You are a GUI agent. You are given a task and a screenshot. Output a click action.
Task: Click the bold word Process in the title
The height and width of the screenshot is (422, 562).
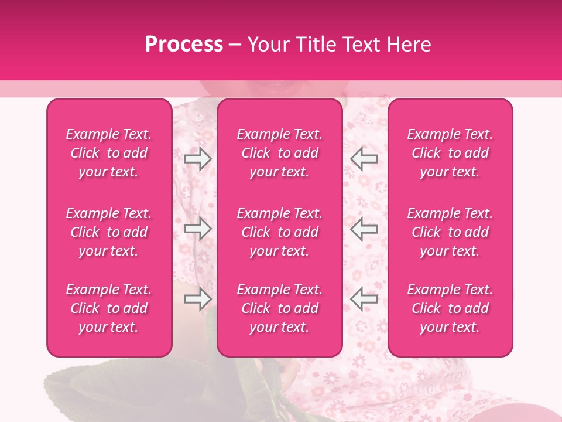coord(184,45)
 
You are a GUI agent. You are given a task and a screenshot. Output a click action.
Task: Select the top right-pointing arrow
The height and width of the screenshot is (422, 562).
coord(197,159)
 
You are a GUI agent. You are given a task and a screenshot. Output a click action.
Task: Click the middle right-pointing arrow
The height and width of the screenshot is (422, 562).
coord(197,229)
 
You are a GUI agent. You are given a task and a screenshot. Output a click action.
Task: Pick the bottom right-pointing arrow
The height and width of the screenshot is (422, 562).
coord(197,300)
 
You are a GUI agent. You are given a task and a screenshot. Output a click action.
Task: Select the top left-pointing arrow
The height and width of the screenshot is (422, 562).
coord(364,159)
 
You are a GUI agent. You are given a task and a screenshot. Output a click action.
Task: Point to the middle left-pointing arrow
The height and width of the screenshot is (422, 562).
coord(364,229)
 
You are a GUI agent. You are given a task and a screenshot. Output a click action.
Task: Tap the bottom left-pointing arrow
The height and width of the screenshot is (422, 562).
coord(364,300)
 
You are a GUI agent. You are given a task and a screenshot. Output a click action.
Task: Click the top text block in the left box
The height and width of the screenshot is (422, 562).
coord(109,153)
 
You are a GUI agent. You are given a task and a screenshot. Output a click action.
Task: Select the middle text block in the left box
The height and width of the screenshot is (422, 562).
coord(109,232)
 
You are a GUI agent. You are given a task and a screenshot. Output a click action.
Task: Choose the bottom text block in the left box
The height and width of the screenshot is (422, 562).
coord(109,308)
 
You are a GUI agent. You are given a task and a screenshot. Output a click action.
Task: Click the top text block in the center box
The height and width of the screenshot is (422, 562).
coord(280,153)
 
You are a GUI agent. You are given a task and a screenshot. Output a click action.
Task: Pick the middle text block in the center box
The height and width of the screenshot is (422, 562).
coord(280,232)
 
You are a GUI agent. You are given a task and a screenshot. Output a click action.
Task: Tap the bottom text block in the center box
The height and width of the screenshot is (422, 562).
coord(280,308)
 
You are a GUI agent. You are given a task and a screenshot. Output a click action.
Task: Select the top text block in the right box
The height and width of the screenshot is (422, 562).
coord(450,153)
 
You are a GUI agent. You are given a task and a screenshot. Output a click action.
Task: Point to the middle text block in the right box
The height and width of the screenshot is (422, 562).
coord(450,232)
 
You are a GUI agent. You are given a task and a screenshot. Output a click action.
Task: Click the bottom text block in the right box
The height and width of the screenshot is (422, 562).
coord(450,308)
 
